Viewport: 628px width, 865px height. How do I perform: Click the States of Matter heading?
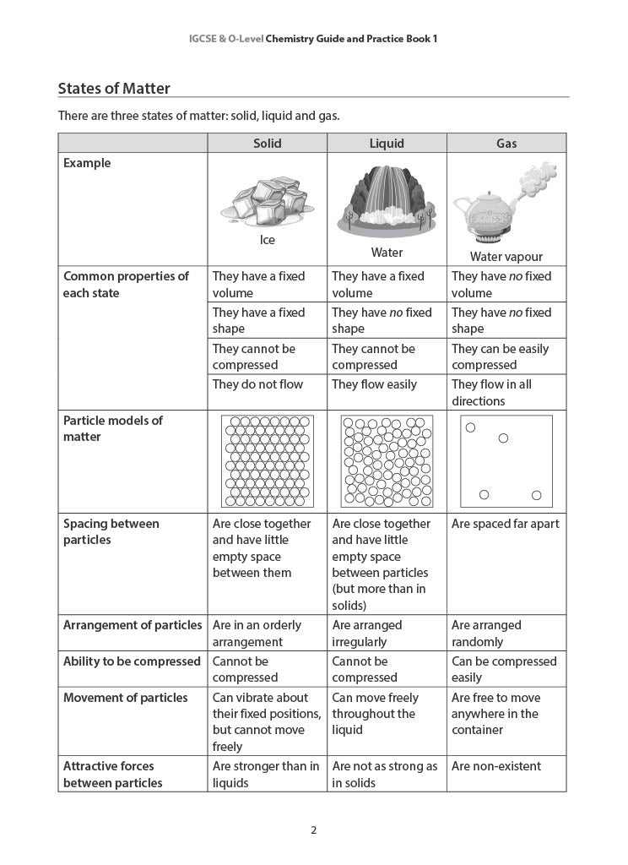[x=114, y=89]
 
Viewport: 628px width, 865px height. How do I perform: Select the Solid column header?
[x=268, y=144]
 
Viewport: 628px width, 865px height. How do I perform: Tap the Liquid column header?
[x=387, y=144]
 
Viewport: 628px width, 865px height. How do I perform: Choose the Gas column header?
[x=506, y=144]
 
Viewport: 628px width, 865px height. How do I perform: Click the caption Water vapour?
[x=506, y=257]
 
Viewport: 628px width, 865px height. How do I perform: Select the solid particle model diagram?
[x=267, y=460]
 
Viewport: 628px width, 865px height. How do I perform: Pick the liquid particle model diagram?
[x=387, y=460]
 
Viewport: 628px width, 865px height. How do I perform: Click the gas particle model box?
[x=506, y=460]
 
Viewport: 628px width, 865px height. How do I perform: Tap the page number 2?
[x=314, y=830]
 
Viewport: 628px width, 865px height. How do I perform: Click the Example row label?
[x=87, y=163]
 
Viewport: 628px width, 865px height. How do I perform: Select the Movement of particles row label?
[x=126, y=698]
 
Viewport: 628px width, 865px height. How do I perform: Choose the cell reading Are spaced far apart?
[x=505, y=524]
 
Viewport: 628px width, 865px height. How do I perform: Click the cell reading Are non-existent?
[x=496, y=766]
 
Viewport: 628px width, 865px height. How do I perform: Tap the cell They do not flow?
[x=257, y=384]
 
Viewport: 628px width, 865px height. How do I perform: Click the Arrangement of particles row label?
[x=133, y=625]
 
